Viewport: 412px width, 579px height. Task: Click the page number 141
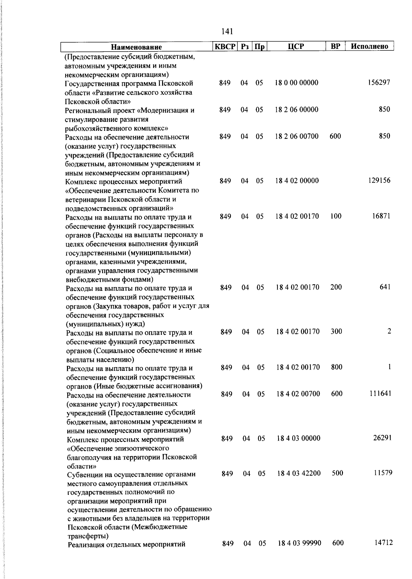click(x=227, y=31)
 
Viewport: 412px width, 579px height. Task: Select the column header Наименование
click(x=136, y=47)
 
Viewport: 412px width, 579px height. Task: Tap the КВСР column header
click(x=225, y=46)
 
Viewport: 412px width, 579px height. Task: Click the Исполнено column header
click(x=369, y=46)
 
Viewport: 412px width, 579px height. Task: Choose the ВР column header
click(x=335, y=46)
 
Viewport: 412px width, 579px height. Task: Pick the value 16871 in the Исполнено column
click(x=381, y=216)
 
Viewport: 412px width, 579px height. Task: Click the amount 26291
click(x=382, y=438)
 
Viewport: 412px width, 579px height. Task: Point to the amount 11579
click(x=383, y=473)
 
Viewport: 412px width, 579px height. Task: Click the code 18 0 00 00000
click(x=297, y=83)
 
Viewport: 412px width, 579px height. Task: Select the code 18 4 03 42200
click(x=299, y=473)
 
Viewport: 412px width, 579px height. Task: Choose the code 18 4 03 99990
click(x=299, y=543)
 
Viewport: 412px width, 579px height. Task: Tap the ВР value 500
click(x=337, y=473)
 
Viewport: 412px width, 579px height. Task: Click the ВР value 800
click(x=337, y=367)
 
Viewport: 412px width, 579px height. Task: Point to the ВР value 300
click(x=336, y=332)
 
